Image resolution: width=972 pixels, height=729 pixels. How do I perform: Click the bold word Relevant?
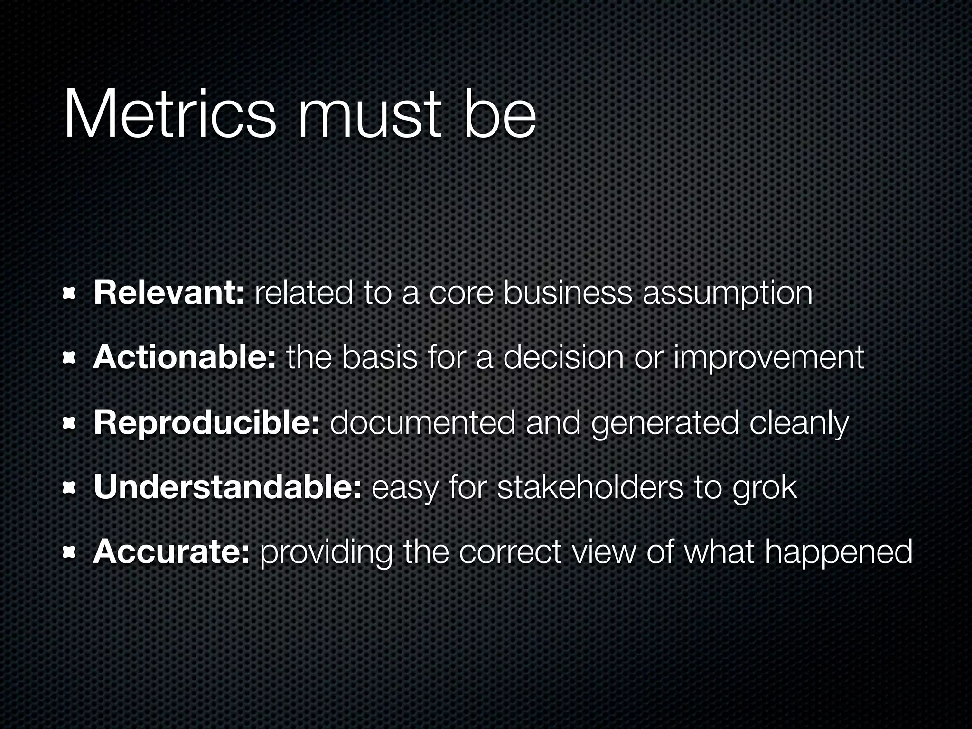click(169, 293)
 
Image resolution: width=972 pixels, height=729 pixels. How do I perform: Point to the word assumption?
click(727, 294)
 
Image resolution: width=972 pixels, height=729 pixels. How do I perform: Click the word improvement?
click(769, 358)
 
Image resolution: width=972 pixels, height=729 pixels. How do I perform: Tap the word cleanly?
click(799, 424)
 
